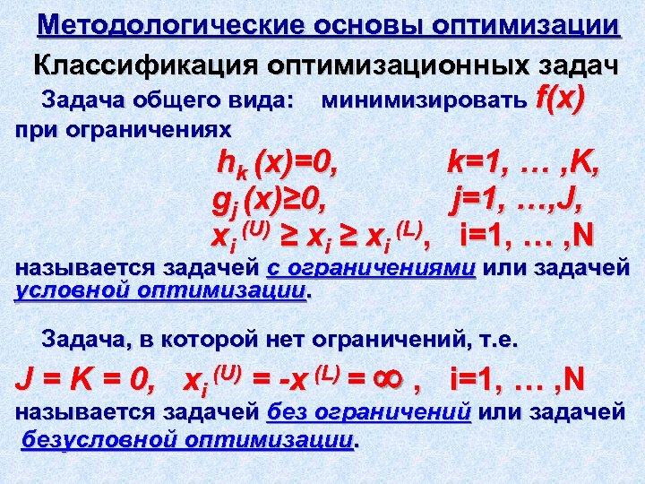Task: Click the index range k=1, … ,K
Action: coord(523,163)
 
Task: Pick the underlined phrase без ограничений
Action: coord(370,413)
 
